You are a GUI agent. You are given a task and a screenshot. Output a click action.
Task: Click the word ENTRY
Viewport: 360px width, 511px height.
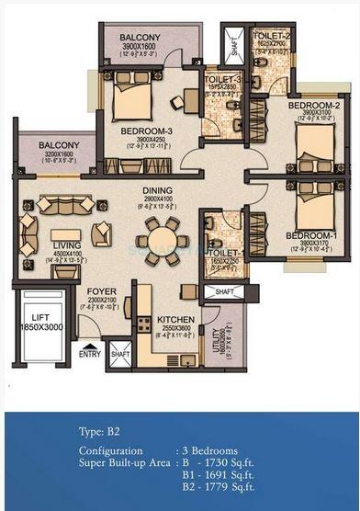(90, 354)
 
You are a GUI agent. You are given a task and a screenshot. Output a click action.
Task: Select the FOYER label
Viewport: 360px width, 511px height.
(101, 291)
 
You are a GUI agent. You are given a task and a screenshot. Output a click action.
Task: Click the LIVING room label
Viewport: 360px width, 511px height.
(67, 245)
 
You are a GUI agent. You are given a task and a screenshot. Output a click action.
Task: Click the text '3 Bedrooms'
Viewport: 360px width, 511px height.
(214, 450)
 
